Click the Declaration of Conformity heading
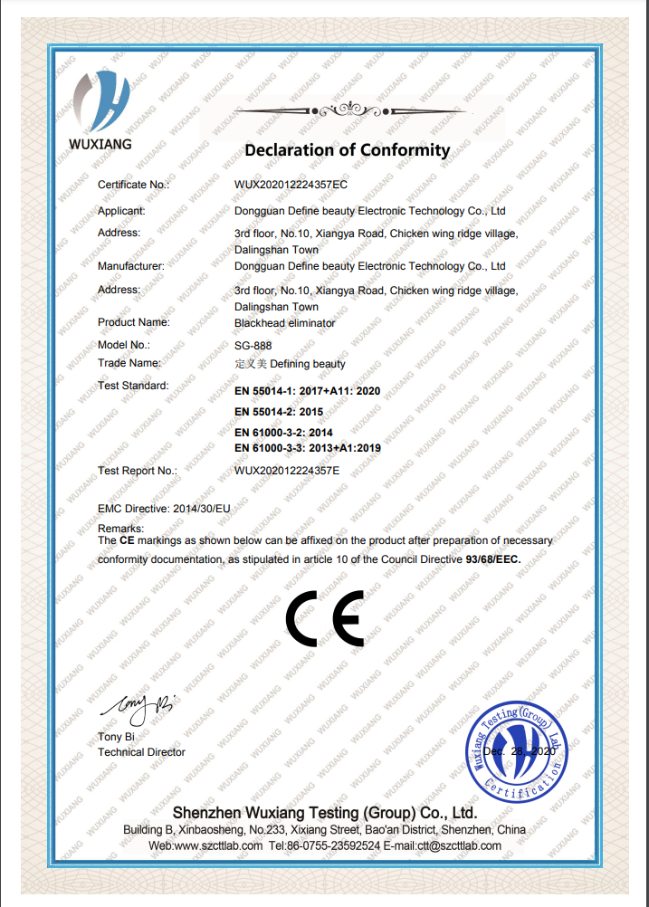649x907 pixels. (x=347, y=150)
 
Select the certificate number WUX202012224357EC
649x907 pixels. (x=291, y=185)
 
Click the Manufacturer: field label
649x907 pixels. (x=130, y=266)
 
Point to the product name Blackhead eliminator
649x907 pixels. (x=284, y=322)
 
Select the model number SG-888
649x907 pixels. (x=253, y=345)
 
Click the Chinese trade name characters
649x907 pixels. (x=251, y=364)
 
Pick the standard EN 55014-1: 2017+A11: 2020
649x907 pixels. (x=307, y=391)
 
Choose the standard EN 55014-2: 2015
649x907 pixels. (x=278, y=412)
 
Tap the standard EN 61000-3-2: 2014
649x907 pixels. (x=283, y=433)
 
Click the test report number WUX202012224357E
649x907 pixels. (x=287, y=471)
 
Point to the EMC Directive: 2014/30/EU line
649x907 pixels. (x=164, y=510)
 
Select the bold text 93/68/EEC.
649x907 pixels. (x=493, y=559)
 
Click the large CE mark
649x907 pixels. (x=323, y=618)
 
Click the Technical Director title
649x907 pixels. (x=141, y=752)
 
